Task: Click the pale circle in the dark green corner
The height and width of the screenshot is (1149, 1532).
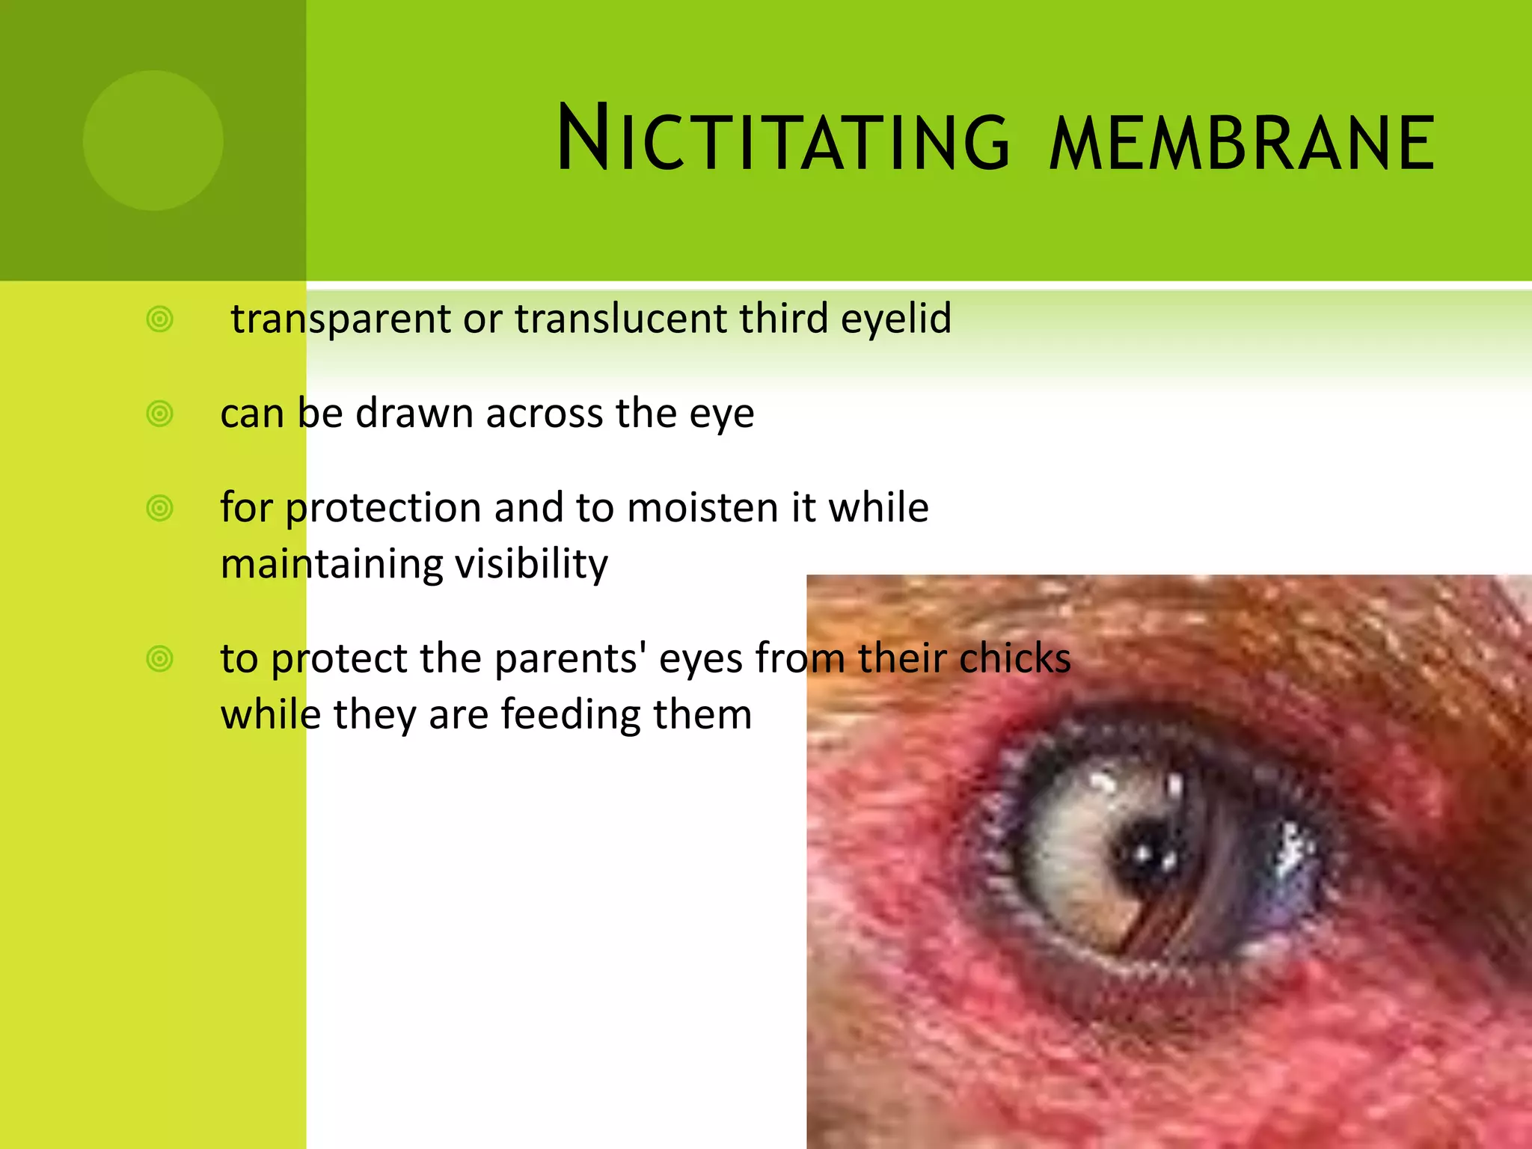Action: click(x=153, y=140)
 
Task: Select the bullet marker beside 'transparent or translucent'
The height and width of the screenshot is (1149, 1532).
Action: click(x=160, y=319)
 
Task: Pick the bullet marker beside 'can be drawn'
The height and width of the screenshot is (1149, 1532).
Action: click(x=160, y=414)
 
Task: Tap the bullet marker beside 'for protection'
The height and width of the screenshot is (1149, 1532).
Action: click(x=160, y=509)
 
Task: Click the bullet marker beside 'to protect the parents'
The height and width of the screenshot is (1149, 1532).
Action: click(x=160, y=659)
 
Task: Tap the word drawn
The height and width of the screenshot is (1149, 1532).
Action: click(x=414, y=414)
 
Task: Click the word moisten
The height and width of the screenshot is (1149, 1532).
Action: click(x=702, y=508)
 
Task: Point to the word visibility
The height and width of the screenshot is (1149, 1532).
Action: click(x=531, y=565)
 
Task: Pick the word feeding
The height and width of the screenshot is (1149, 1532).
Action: click(x=571, y=715)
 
